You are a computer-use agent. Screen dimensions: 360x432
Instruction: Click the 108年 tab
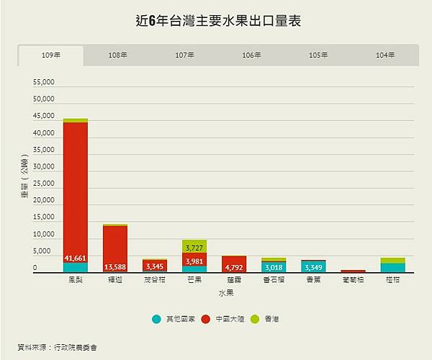(x=118, y=55)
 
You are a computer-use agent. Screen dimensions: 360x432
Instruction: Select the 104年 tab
(x=384, y=55)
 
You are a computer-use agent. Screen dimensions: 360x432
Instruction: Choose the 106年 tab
(x=251, y=55)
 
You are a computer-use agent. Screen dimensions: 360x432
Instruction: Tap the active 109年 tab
(x=51, y=55)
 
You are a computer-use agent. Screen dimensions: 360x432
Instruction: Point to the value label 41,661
(x=76, y=258)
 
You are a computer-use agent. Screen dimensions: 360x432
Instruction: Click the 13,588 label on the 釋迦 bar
(x=115, y=266)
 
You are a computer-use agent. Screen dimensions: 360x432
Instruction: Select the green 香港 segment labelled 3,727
(x=194, y=247)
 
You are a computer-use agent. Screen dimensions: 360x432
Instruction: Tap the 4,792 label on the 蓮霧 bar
(x=234, y=266)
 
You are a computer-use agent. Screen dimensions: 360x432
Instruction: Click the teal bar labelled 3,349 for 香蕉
(x=313, y=266)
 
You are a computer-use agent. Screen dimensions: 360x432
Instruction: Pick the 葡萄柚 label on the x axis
(x=353, y=279)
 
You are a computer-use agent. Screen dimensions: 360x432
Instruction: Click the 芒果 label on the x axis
(x=194, y=279)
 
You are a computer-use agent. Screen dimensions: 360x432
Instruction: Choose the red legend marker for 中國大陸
(x=206, y=318)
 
